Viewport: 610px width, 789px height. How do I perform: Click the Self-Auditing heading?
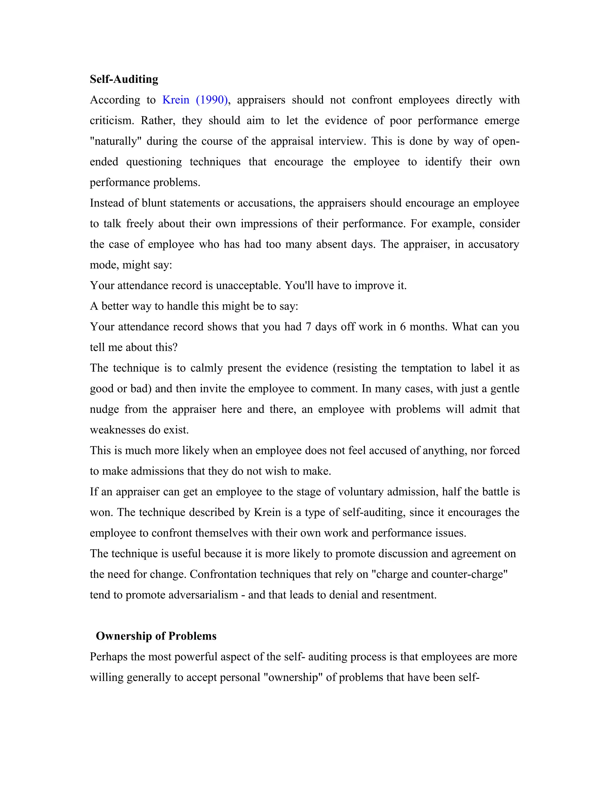coord(124,79)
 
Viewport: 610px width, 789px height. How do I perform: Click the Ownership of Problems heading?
coord(156,636)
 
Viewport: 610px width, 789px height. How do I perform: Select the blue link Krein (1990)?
coord(195,100)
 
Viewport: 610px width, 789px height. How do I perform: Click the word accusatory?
coord(493,244)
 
